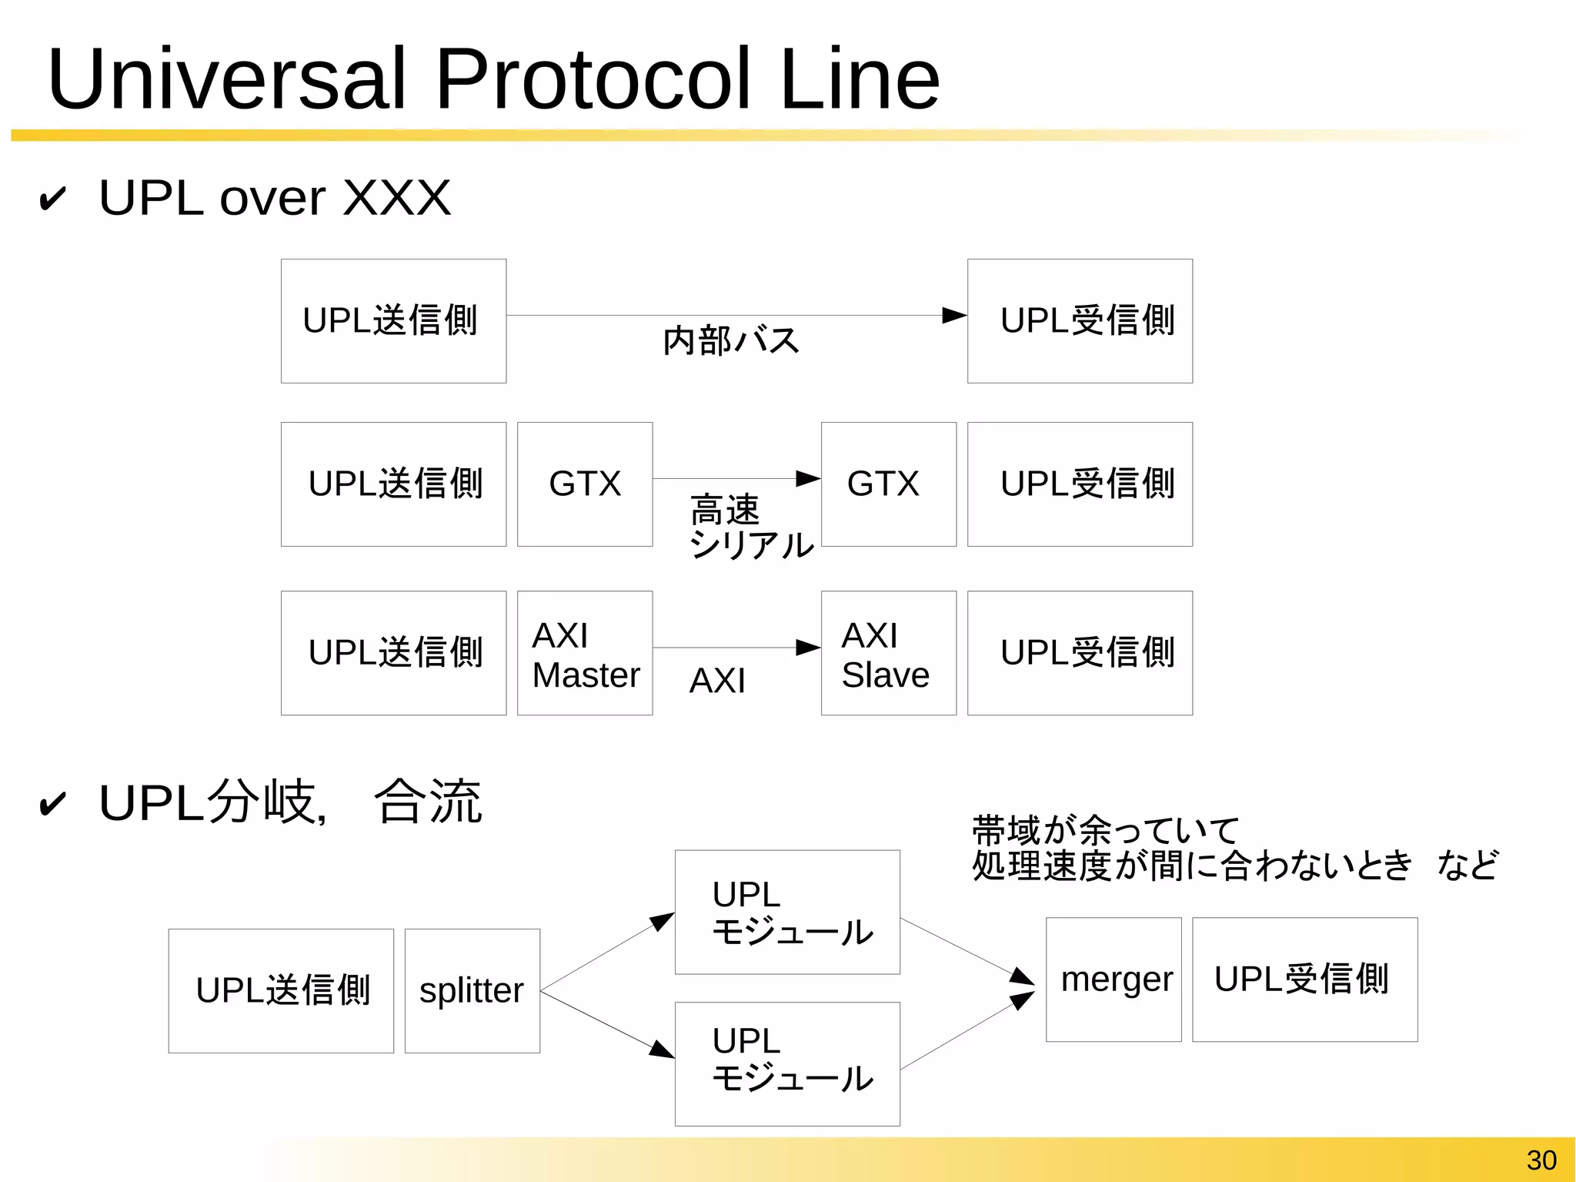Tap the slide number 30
[1541, 1160]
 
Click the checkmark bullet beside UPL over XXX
[52, 199]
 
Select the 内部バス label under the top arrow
[731, 340]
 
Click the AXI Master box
[585, 653]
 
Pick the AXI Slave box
[888, 653]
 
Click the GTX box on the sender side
[585, 484]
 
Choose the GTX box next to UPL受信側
[888, 484]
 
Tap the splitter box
[472, 990]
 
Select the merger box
[1114, 979]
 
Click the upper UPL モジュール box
[787, 912]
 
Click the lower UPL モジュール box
[787, 1063]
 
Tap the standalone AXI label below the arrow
[717, 681]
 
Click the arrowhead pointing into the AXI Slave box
[808, 648]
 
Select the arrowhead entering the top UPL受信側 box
[954, 315]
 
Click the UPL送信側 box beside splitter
[281, 990]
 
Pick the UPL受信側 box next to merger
[1304, 979]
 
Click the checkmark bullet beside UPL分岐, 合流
[52, 805]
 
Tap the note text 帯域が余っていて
[1105, 830]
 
